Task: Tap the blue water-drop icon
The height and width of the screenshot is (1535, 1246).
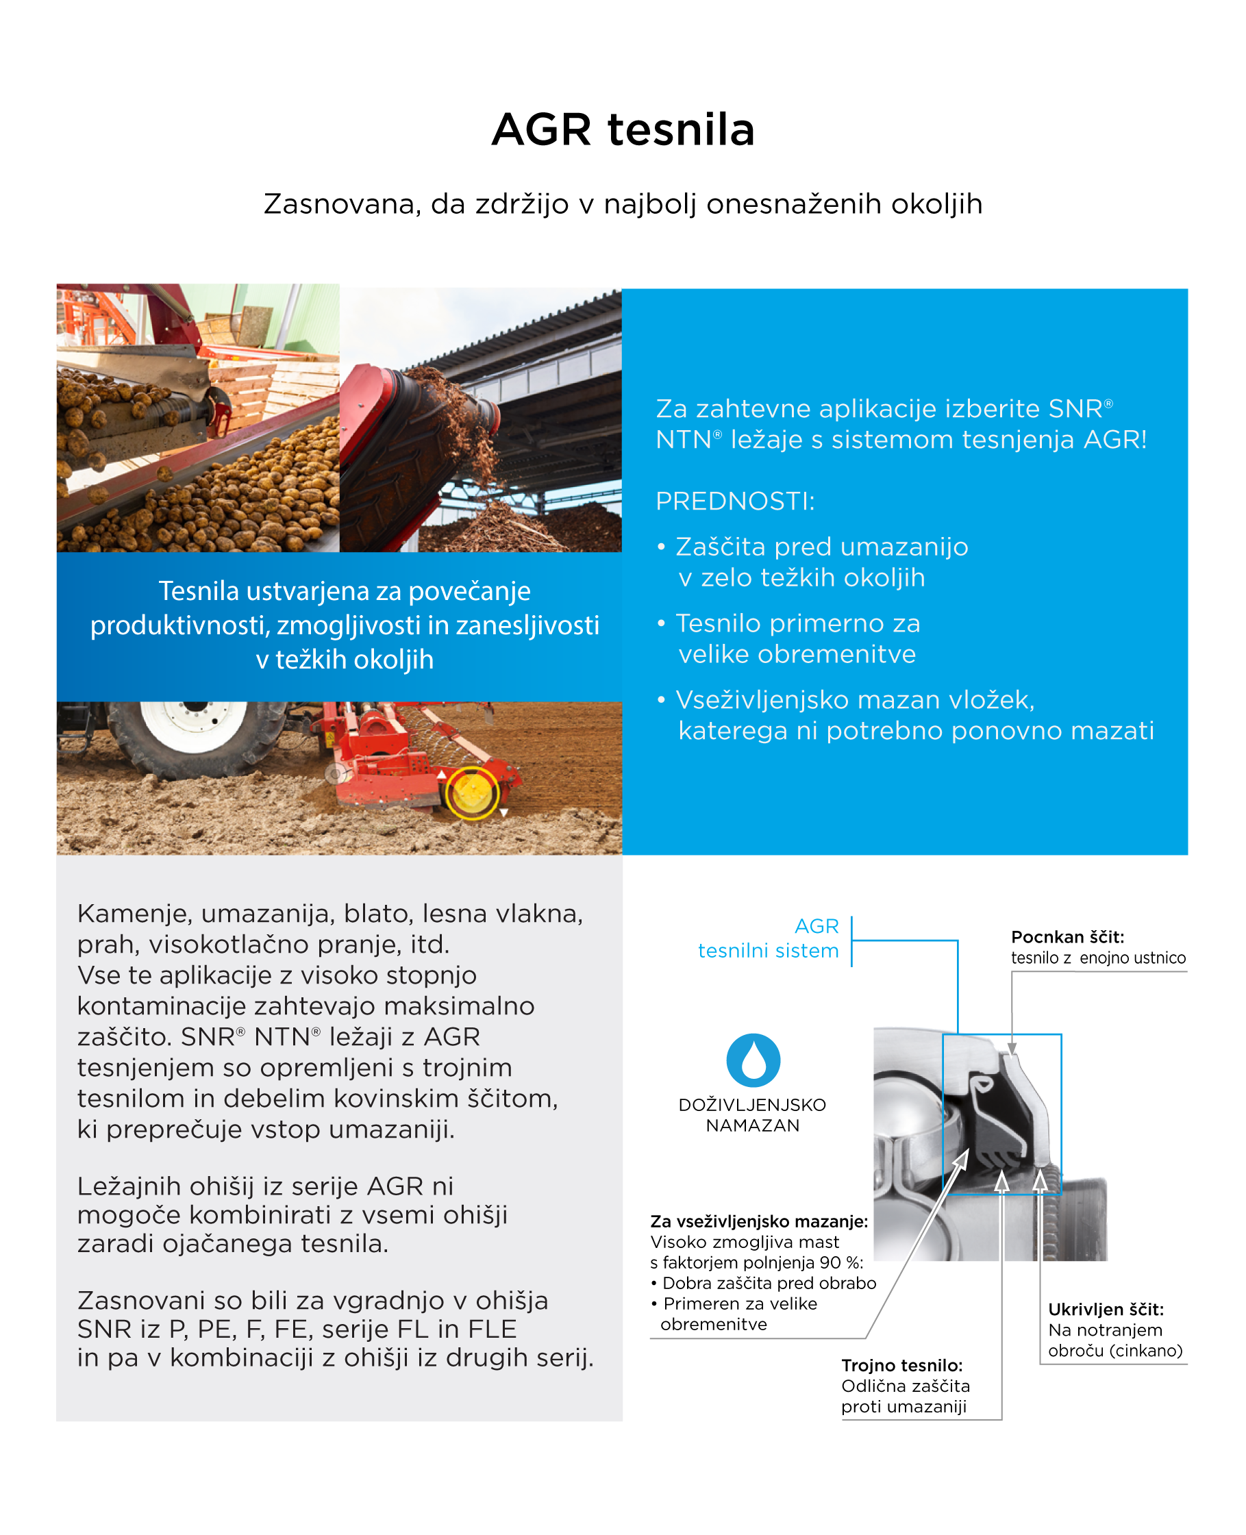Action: (x=753, y=1060)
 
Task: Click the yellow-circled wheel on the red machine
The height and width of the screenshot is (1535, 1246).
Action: (x=471, y=793)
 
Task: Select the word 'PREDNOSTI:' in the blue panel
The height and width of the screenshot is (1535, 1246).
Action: (x=735, y=501)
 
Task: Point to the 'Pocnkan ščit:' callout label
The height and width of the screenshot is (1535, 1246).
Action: (x=1067, y=936)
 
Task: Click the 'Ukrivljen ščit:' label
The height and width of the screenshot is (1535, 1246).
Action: (x=1106, y=1309)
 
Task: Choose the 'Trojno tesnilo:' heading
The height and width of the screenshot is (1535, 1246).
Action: (x=901, y=1365)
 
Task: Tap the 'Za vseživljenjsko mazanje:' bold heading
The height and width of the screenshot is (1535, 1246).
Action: (x=759, y=1221)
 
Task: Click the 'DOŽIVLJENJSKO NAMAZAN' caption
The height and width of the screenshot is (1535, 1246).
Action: (x=752, y=1114)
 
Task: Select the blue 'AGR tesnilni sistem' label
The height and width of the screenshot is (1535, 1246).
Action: (x=768, y=938)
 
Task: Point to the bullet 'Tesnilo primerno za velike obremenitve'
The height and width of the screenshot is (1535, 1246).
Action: (x=797, y=638)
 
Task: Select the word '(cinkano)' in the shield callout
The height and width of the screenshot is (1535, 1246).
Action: (x=1145, y=1351)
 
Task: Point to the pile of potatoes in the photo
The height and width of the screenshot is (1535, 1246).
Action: (x=237, y=495)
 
